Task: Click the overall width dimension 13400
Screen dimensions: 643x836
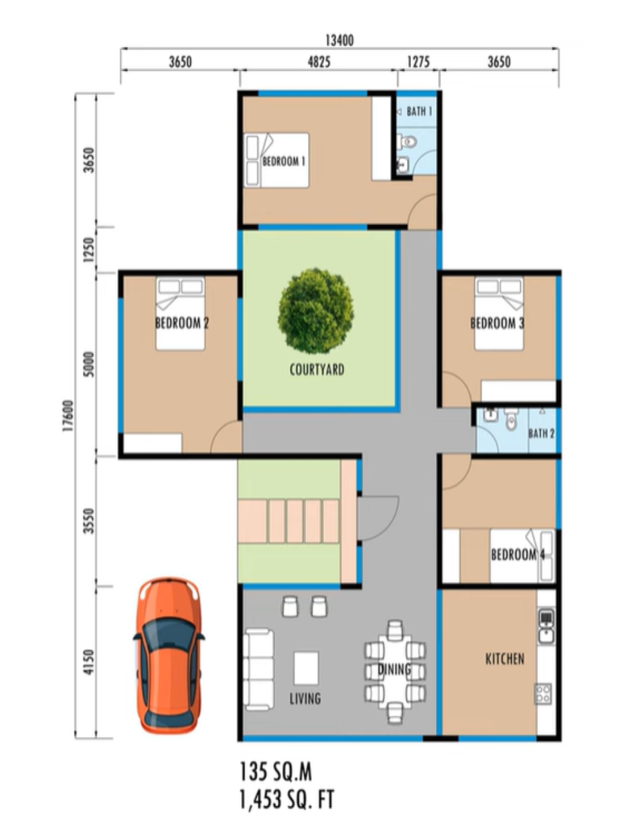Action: click(340, 41)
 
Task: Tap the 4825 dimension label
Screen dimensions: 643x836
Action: click(319, 62)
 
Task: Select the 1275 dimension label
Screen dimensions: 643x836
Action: click(419, 62)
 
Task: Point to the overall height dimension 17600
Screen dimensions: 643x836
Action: click(68, 415)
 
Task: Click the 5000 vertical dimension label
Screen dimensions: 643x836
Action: click(89, 364)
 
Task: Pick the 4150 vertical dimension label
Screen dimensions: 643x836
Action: click(89, 662)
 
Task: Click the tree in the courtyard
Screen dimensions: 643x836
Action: click(316, 311)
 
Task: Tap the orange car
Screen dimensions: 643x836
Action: click(168, 656)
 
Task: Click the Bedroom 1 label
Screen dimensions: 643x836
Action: click(284, 161)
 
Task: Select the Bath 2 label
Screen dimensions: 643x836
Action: click(541, 433)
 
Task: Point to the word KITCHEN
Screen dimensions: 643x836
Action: click(505, 659)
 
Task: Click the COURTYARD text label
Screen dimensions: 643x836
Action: click(317, 370)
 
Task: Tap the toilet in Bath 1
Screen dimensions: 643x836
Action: click(407, 142)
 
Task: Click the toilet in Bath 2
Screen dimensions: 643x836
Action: click(511, 419)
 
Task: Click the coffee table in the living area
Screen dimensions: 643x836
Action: click(306, 668)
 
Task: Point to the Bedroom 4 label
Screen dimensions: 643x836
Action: click(518, 554)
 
